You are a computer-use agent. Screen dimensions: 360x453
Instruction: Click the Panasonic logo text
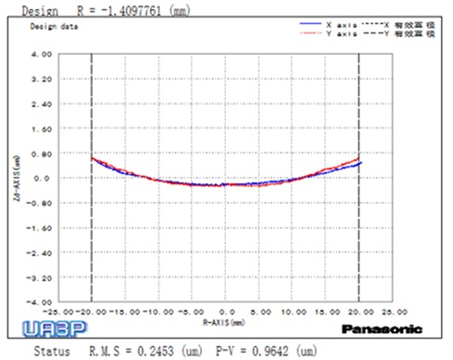coord(382,329)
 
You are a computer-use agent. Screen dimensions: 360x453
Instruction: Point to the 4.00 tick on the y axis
coord(42,54)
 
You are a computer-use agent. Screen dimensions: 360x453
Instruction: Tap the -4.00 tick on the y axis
coord(41,302)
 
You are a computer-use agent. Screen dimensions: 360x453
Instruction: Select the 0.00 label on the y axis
coord(42,178)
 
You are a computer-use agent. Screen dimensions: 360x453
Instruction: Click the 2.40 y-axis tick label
coord(42,104)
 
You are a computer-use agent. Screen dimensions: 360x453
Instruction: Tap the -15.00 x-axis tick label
coord(125,312)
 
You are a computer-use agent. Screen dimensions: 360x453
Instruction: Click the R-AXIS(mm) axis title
coord(226,320)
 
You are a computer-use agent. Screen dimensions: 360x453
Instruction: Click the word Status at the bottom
coord(52,351)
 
